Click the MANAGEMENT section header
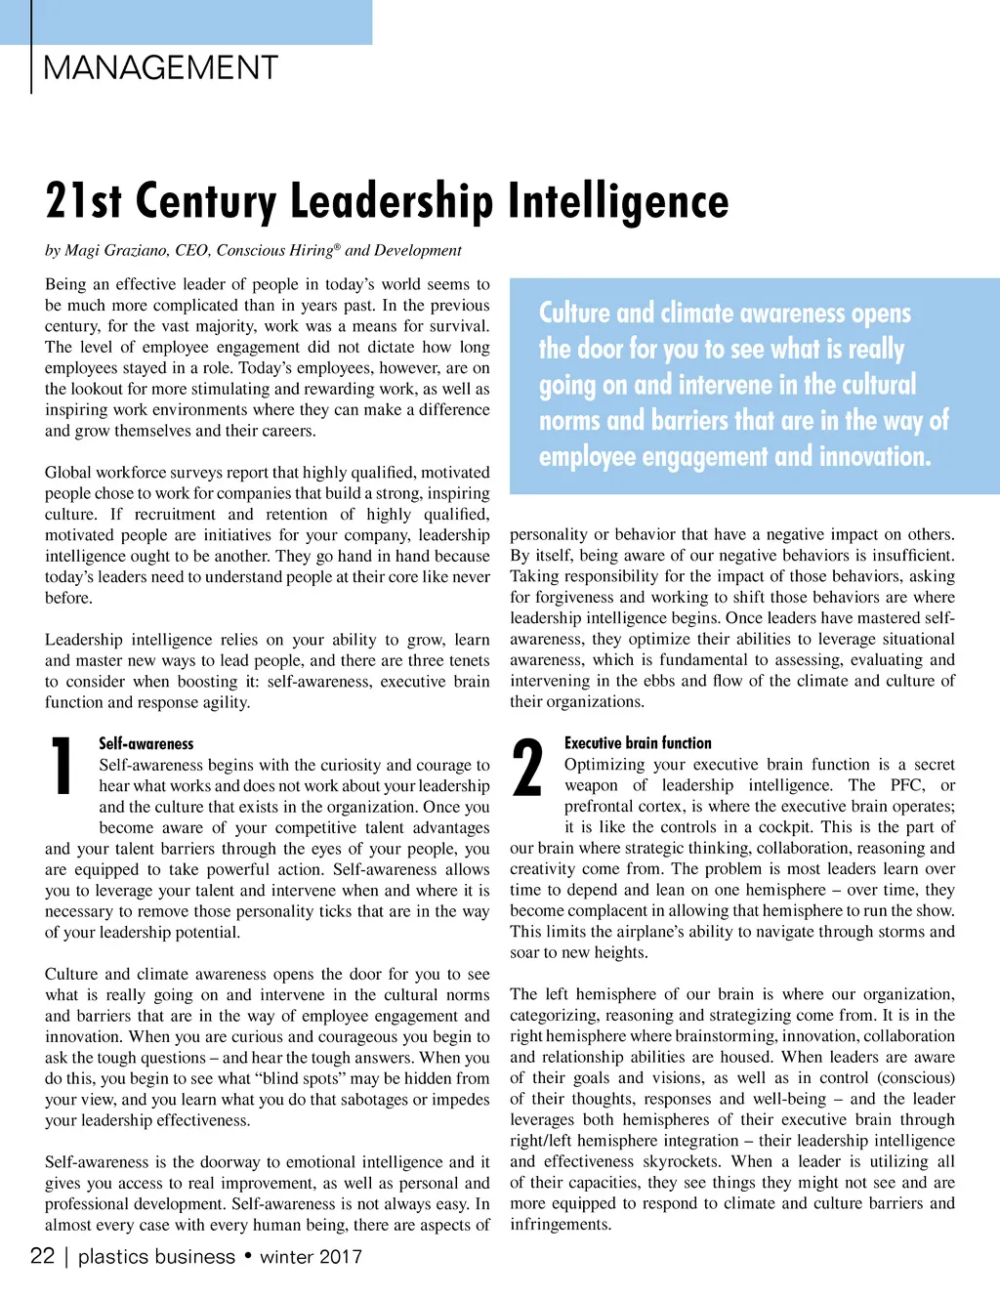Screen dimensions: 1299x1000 [x=161, y=68]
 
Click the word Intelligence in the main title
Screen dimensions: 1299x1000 [x=617, y=201]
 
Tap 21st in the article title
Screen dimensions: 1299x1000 [x=83, y=201]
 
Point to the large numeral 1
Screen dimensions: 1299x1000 [x=62, y=767]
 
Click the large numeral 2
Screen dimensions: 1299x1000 [x=527, y=768]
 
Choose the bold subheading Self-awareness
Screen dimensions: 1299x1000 [x=146, y=743]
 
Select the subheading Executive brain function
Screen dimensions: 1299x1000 [x=638, y=743]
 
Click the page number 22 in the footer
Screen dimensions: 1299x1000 [x=42, y=1256]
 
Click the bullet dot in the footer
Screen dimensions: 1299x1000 [x=248, y=1255]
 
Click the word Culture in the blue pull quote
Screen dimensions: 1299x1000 [x=574, y=314]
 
